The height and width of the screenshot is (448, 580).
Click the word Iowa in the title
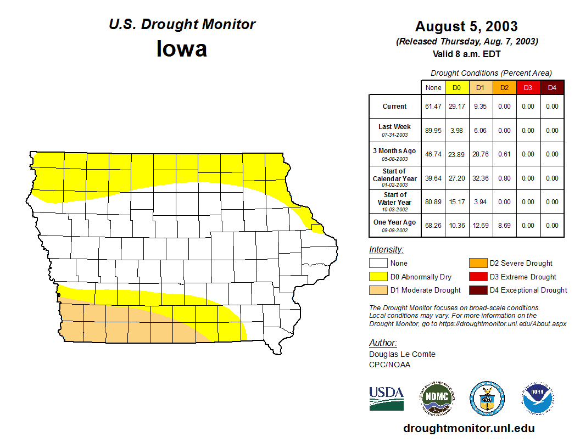182,49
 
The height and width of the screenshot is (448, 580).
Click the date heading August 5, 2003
466,26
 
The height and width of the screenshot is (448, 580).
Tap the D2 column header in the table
504,87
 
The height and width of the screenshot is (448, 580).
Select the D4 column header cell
552,87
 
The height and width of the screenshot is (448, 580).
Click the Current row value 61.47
433,107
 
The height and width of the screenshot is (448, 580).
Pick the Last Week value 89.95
433,131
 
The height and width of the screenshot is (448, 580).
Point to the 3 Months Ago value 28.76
481,154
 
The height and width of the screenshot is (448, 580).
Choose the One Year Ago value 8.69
504,225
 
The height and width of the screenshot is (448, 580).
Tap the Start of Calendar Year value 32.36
481,178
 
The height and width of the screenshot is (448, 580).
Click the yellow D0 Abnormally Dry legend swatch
378,277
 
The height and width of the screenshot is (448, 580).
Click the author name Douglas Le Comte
402,354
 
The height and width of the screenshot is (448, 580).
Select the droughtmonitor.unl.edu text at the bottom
469,428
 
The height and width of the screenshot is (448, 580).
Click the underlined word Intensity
386,250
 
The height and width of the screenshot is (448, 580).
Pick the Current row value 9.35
481,107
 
